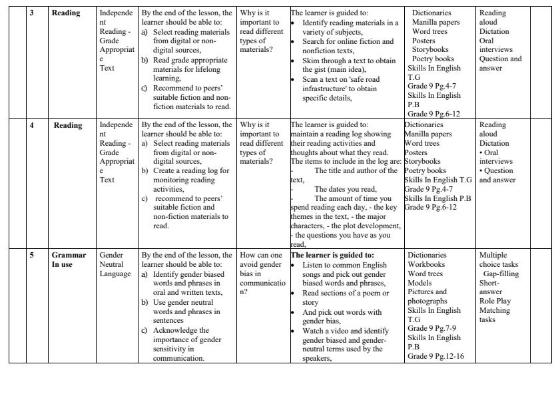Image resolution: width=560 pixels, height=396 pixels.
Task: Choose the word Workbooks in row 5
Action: click(426, 264)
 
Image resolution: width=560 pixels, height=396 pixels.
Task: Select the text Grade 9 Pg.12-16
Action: click(435, 356)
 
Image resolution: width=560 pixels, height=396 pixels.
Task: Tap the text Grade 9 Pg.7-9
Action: click(432, 329)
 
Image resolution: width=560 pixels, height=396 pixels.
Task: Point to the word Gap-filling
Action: click(501, 274)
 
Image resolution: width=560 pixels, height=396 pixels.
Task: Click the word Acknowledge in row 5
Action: click(180, 330)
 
